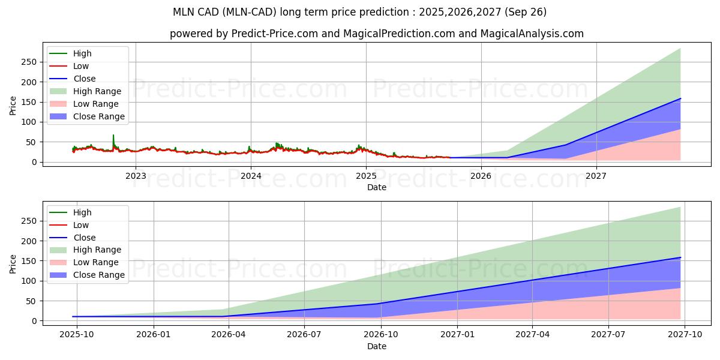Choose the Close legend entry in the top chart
point(84,79)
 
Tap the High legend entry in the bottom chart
point(82,212)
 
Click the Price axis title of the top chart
point(13,106)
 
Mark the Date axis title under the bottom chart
point(377,346)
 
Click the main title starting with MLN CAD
point(359,12)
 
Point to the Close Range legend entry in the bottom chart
point(98,275)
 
